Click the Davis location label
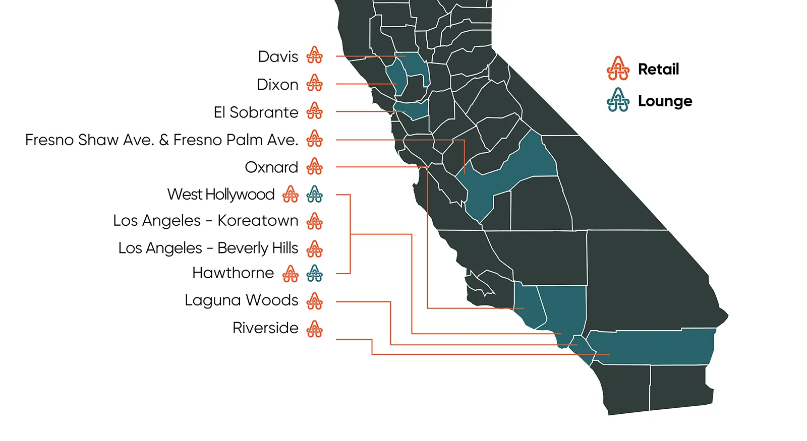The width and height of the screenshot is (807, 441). [x=278, y=56]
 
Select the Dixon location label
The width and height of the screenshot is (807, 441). [x=277, y=84]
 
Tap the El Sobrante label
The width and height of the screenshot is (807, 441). [x=256, y=112]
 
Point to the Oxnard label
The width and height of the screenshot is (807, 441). [x=271, y=167]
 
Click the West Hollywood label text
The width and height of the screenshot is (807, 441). [x=221, y=194]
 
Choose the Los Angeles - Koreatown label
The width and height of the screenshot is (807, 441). [x=206, y=221]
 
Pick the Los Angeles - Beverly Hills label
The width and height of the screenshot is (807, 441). [x=208, y=248]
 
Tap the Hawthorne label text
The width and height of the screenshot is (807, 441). [x=233, y=273]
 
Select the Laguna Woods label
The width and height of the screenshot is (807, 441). [x=242, y=300]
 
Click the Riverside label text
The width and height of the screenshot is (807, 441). [x=265, y=328]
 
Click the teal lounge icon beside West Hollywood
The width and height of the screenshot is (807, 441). [x=314, y=194]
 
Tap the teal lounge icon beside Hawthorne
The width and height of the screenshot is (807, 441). [x=314, y=273]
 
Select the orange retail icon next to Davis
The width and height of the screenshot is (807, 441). [x=314, y=55]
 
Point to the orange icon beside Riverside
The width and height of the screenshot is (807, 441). [x=314, y=329]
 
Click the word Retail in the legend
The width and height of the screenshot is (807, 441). [x=658, y=69]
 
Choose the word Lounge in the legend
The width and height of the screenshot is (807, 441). [x=665, y=101]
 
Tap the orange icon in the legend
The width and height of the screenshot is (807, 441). [x=618, y=69]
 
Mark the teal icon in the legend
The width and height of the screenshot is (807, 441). [x=618, y=100]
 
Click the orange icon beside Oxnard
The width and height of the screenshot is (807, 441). [x=314, y=166]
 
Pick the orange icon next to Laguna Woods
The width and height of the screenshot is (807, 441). [x=314, y=301]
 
